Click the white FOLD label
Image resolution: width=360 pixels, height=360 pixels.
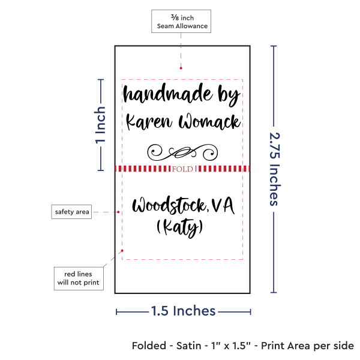coord(182,169)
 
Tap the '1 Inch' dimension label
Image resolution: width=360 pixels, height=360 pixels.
coord(101,125)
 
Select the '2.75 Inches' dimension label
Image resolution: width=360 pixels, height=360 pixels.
coord(274,169)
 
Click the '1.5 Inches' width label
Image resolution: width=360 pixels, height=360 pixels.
coord(183,311)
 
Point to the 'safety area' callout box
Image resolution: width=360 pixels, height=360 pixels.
coord(71,212)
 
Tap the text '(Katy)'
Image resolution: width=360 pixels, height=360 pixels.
coord(180,228)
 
